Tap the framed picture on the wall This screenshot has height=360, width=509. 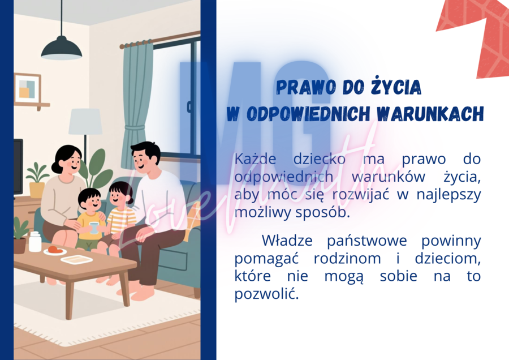pos(27,88)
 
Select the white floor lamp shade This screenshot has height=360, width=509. pos(85,121)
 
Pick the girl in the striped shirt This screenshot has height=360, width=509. pos(120,209)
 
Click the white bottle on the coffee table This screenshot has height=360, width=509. pos(35,242)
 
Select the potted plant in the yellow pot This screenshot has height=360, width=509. pos(37,181)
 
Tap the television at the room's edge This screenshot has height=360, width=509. pos(18,167)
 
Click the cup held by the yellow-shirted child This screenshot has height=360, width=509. pos(94,227)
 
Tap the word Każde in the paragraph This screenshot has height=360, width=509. pos(255,158)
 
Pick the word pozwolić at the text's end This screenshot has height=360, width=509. pos(265,295)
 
